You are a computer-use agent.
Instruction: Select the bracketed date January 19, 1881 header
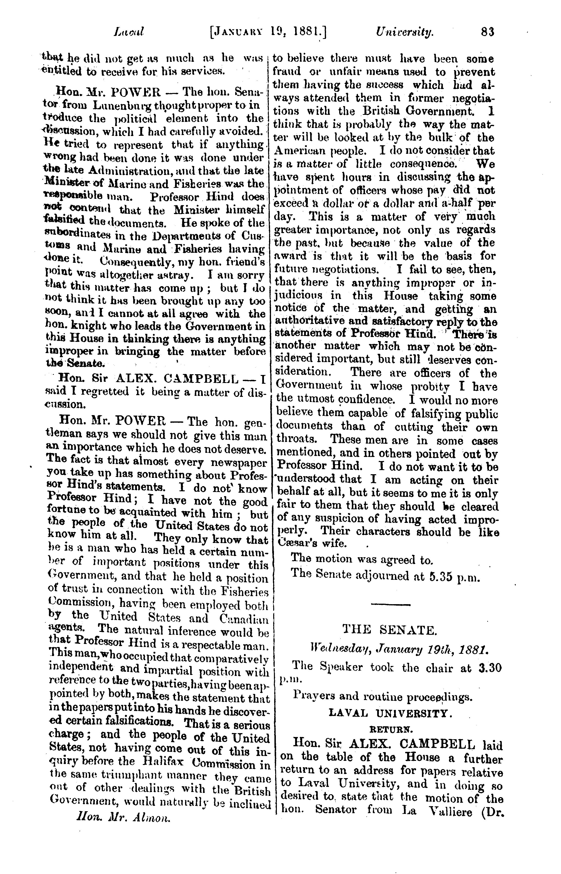268,32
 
